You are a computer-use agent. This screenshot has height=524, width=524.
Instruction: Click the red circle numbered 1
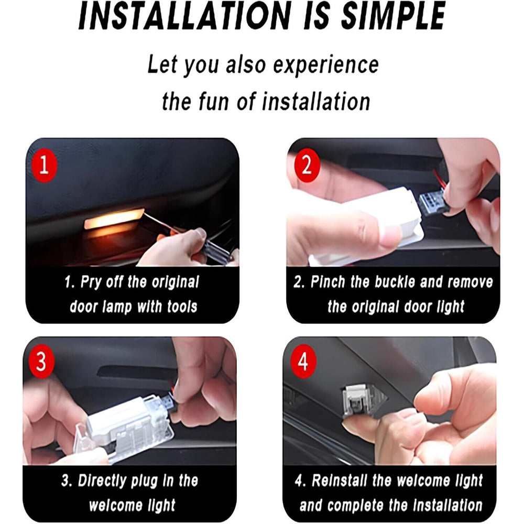coord(45,166)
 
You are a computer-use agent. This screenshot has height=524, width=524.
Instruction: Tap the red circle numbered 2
coord(307,166)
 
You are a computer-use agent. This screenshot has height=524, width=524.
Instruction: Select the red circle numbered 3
coord(41,362)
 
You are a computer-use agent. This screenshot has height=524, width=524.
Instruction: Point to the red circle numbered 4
coord(303,362)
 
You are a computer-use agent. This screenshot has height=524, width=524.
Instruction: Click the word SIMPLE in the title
coord(393,16)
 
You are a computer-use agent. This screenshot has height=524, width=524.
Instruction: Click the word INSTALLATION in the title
coord(185,16)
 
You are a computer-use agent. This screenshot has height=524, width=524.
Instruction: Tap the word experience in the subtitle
coord(326,65)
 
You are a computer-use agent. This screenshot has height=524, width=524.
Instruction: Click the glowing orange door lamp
coord(114,219)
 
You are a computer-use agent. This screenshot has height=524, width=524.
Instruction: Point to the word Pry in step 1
coord(91,283)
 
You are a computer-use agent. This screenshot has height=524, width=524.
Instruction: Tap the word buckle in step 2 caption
coord(395,282)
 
